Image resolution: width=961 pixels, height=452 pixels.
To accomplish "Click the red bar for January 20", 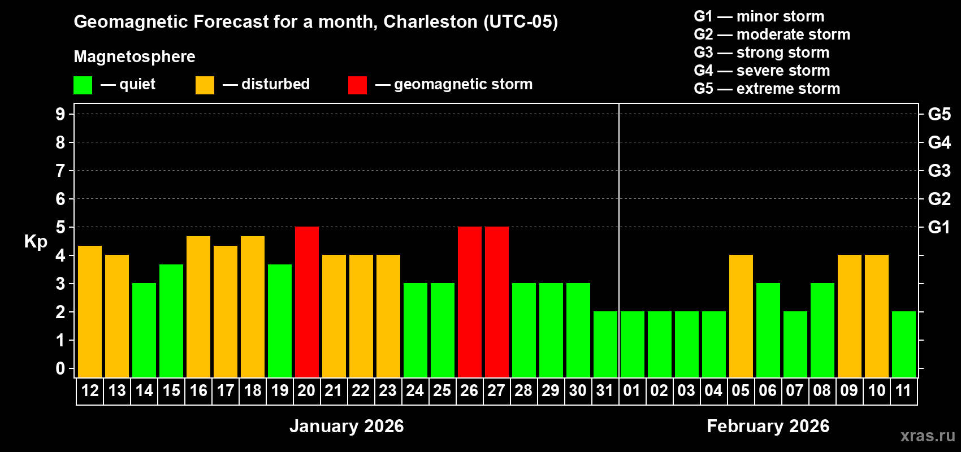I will (307, 302).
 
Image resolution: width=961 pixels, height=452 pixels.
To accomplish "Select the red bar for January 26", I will (470, 302).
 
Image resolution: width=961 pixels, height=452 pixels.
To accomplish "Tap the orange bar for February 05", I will (741, 316).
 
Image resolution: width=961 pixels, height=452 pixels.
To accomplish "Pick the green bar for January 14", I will (144, 330).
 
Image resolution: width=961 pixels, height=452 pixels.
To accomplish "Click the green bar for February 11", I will (904, 344).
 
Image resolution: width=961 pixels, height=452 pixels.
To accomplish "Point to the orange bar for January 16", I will (198, 307).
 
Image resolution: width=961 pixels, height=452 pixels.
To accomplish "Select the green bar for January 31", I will (605, 344).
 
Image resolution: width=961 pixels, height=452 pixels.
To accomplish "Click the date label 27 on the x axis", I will (496, 390).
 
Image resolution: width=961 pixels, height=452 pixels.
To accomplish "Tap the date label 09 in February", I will (849, 390).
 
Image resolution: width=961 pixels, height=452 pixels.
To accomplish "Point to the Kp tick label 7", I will (60, 171).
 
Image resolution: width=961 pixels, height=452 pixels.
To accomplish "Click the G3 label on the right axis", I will (939, 171).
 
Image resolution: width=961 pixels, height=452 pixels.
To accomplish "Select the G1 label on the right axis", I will (939, 227).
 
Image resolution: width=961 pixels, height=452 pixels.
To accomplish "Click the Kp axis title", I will (36, 242).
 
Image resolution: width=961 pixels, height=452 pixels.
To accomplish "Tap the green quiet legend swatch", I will (83, 85).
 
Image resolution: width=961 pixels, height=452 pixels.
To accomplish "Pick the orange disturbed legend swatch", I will (205, 85).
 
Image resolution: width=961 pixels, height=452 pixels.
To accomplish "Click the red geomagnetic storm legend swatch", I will (358, 85).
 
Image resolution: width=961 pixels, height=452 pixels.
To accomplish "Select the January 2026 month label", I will (347, 426).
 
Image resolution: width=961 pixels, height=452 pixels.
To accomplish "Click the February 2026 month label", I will (768, 426).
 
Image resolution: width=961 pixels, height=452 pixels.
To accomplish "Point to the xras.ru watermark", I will (928, 436).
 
